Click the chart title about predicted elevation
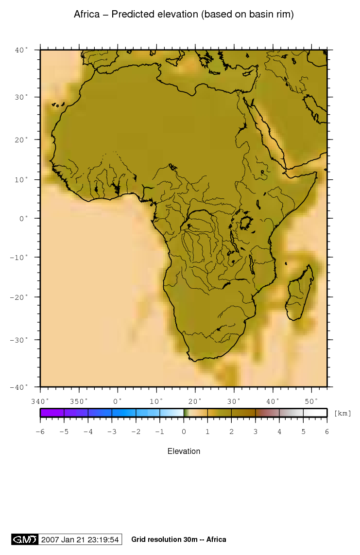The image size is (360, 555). coord(184,15)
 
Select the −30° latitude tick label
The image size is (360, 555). coord(21,340)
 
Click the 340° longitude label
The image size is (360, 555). coord(40,401)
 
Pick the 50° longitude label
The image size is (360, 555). coord(311,401)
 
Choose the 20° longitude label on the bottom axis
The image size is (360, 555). coord(195,401)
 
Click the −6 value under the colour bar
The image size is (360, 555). coord(40,431)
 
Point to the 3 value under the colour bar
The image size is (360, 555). coord(256,431)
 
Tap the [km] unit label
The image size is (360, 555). coord(343,413)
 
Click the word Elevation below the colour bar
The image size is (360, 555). coord(184,451)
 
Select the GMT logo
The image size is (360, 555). coord(24,539)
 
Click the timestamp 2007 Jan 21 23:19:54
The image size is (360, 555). coord(80,539)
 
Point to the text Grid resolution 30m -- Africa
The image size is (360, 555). coord(178,539)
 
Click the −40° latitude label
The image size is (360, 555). coord(21,387)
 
